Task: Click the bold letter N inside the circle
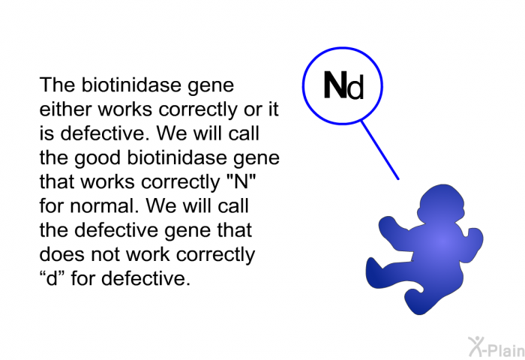click(334, 87)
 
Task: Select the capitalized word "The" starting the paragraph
click(56, 86)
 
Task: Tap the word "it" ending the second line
click(271, 110)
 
